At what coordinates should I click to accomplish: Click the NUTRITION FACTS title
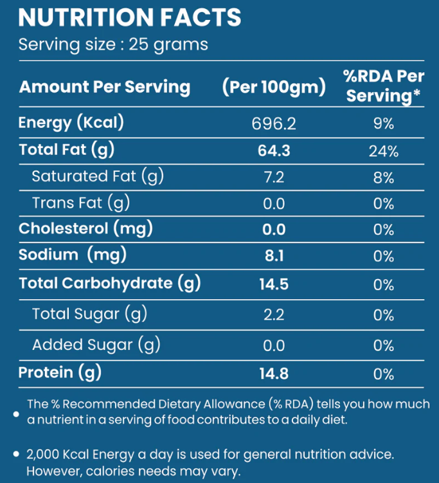click(x=130, y=17)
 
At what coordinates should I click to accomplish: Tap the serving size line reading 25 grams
click(x=113, y=44)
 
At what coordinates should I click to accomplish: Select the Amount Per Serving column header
click(x=105, y=87)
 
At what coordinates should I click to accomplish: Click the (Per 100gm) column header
click(x=274, y=87)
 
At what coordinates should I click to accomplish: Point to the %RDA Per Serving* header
click(x=384, y=86)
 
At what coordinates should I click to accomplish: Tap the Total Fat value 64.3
click(x=274, y=150)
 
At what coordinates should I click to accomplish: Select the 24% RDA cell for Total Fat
click(x=384, y=151)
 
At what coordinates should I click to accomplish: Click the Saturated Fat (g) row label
click(x=94, y=176)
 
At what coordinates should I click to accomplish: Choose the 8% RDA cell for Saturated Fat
click(x=384, y=178)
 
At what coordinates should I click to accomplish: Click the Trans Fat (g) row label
click(x=81, y=203)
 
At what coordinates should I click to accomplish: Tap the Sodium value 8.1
click(x=274, y=256)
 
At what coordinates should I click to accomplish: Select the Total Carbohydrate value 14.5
click(x=274, y=283)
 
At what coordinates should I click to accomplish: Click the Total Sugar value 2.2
click(x=274, y=314)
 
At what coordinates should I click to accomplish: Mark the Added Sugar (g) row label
click(x=96, y=345)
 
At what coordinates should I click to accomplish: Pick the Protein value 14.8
click(x=274, y=373)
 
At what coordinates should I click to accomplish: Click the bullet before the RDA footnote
click(x=16, y=414)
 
